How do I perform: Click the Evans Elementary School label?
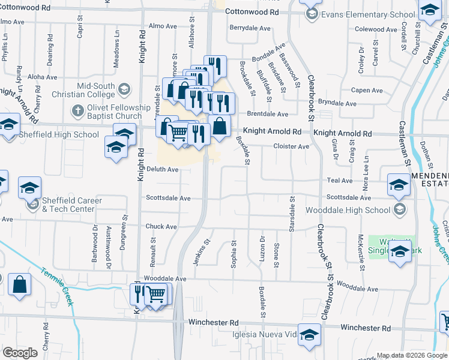pos(369,14)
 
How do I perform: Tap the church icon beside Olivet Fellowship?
pos(77,111)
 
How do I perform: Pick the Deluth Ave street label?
pos(163,170)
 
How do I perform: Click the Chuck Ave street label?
pos(161,227)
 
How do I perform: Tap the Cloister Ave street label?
pos(291,146)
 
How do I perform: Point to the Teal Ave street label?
pos(339,180)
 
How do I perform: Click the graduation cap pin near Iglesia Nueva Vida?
pos(309,334)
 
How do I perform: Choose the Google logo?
pos(20,353)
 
